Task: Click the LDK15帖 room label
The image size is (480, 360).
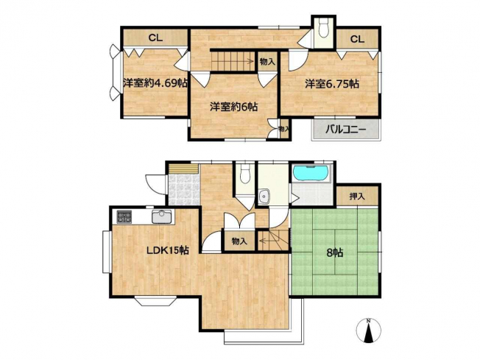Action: (x=167, y=251)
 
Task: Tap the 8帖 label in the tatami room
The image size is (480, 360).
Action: (x=334, y=253)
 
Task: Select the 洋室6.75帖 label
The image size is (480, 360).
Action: (x=332, y=84)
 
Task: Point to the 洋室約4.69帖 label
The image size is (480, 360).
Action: (x=155, y=83)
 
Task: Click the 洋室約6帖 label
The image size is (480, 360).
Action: (x=233, y=107)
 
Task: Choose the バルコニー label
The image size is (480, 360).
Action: (x=345, y=130)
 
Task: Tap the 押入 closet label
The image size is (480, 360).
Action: (x=357, y=197)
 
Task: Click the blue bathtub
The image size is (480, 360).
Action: (x=311, y=173)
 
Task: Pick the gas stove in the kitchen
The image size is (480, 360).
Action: (x=124, y=216)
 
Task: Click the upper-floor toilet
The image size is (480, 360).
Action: (x=324, y=28)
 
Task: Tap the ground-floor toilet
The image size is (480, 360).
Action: (x=245, y=174)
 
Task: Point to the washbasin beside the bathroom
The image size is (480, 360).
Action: (x=264, y=197)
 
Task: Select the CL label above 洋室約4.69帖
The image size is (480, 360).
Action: (x=155, y=38)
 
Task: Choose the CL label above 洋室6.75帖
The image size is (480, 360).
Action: (x=357, y=39)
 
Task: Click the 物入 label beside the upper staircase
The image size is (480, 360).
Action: (x=267, y=62)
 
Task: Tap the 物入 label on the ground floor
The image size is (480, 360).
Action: (x=239, y=241)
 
